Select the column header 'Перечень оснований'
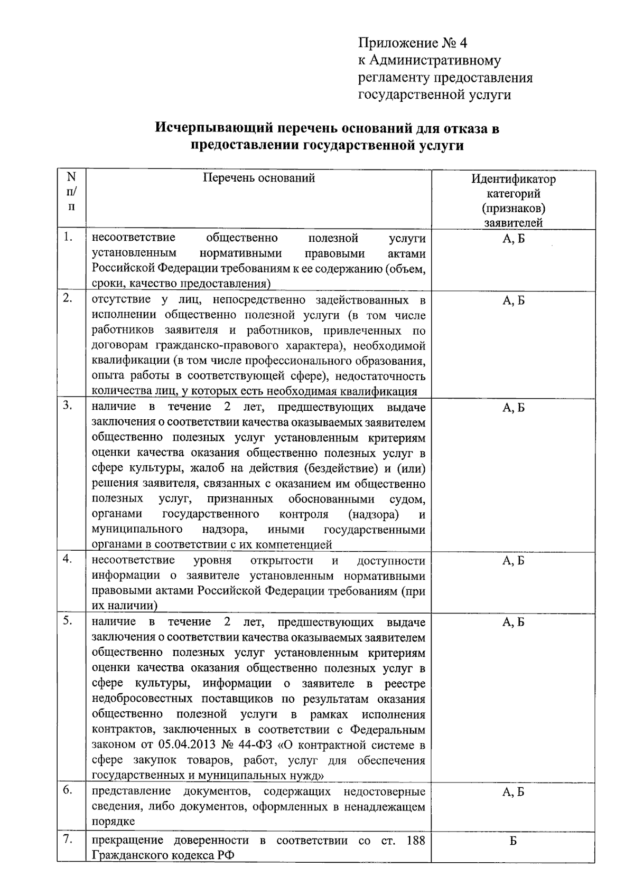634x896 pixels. click(259, 178)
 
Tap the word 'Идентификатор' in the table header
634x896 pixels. click(513, 179)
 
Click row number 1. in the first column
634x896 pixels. click(68, 237)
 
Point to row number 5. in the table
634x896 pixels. click(67, 621)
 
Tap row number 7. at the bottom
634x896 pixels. click(67, 840)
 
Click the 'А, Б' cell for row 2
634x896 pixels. click(513, 301)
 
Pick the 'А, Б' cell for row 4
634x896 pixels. click(513, 561)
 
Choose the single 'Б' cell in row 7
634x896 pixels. click(513, 841)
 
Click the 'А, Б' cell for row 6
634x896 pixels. click(513, 791)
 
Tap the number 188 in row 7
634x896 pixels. click(416, 841)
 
